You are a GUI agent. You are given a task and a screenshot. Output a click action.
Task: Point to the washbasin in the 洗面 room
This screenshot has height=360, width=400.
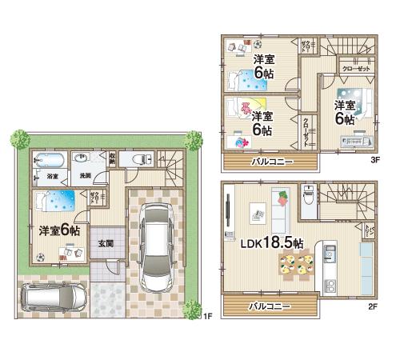click(84, 159)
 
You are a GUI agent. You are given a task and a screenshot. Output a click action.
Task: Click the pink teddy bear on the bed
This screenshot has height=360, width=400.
click(245, 104)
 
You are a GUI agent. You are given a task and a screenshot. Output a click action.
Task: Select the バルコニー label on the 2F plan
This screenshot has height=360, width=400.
click(268, 306)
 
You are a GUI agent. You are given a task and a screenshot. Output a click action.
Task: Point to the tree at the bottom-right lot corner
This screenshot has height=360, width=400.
click(192, 306)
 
